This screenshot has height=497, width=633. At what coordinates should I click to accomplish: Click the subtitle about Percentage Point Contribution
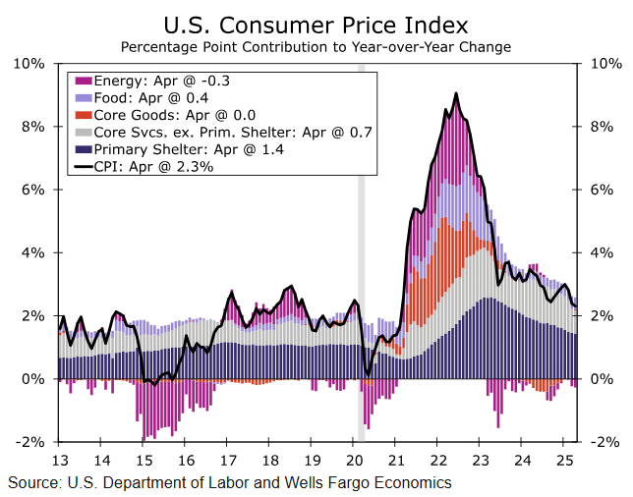(316, 46)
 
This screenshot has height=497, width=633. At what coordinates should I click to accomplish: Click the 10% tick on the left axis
(30, 64)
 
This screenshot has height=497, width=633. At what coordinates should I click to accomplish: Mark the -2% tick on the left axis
(30, 442)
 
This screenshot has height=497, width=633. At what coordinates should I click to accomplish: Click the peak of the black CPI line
(455, 93)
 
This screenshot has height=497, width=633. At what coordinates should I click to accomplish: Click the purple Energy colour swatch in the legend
(84, 80)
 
